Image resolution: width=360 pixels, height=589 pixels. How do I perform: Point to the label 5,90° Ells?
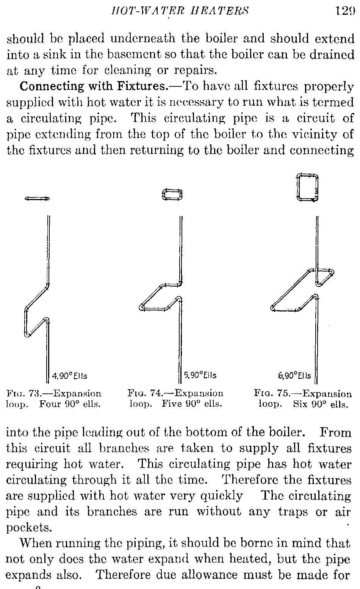(x=200, y=376)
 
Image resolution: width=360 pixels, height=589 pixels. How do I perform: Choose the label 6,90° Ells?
(x=295, y=376)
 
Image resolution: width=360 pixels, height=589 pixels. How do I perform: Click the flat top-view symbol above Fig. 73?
(x=37, y=198)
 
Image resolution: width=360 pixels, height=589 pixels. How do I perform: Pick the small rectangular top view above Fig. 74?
(x=172, y=195)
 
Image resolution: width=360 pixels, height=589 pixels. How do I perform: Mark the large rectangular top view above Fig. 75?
(x=307, y=187)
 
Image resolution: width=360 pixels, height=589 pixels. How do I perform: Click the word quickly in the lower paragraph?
(x=223, y=496)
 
